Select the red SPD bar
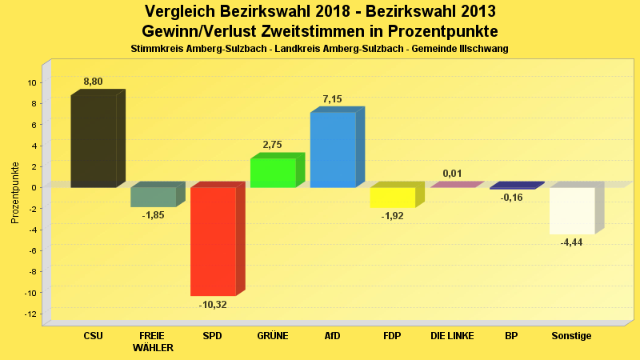coord(213,241)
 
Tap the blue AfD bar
coord(333,150)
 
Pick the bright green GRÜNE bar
coord(273,173)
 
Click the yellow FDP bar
coord(392,197)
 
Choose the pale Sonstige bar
coord(572,210)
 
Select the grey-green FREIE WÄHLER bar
coord(153,197)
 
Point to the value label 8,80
coord(93,82)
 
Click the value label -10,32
coord(213,305)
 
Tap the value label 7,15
coord(332,99)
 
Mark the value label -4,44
coord(571,242)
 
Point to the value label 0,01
coord(452,174)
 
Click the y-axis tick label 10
coord(32,82)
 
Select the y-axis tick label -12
coord(31,314)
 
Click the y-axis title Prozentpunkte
coord(14,193)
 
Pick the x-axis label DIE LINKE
coord(452,336)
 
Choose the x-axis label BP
coord(511,336)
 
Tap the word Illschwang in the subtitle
coord(483,49)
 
